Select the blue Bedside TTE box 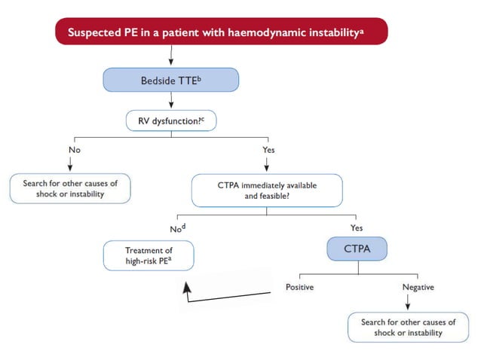(x=171, y=79)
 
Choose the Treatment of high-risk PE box (x=148, y=255)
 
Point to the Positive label (x=299, y=287)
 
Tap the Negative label (x=418, y=287)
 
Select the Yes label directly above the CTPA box (x=357, y=227)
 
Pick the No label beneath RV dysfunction (x=74, y=149)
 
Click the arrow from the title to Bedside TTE (x=171, y=55)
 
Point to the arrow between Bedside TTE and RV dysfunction (x=171, y=99)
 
